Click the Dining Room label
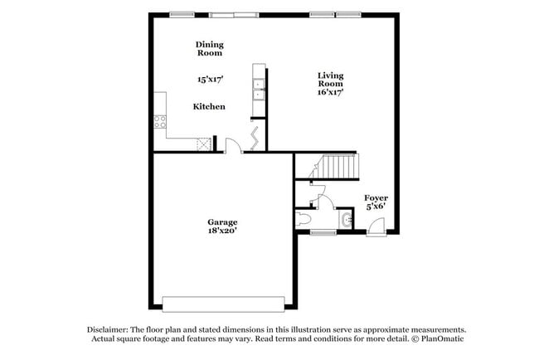tap(210, 49)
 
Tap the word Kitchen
tap(209, 106)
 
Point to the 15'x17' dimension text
tap(209, 80)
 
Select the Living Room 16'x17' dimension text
tap(330, 91)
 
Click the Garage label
tap(222, 221)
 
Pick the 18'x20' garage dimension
tap(222, 231)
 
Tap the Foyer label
tap(376, 197)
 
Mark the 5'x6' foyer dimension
tap(376, 207)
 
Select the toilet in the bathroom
tap(303, 220)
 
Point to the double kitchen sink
tap(259, 89)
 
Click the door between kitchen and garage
tap(234, 147)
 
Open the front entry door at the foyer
tap(376, 226)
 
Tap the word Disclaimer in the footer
tap(110, 329)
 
